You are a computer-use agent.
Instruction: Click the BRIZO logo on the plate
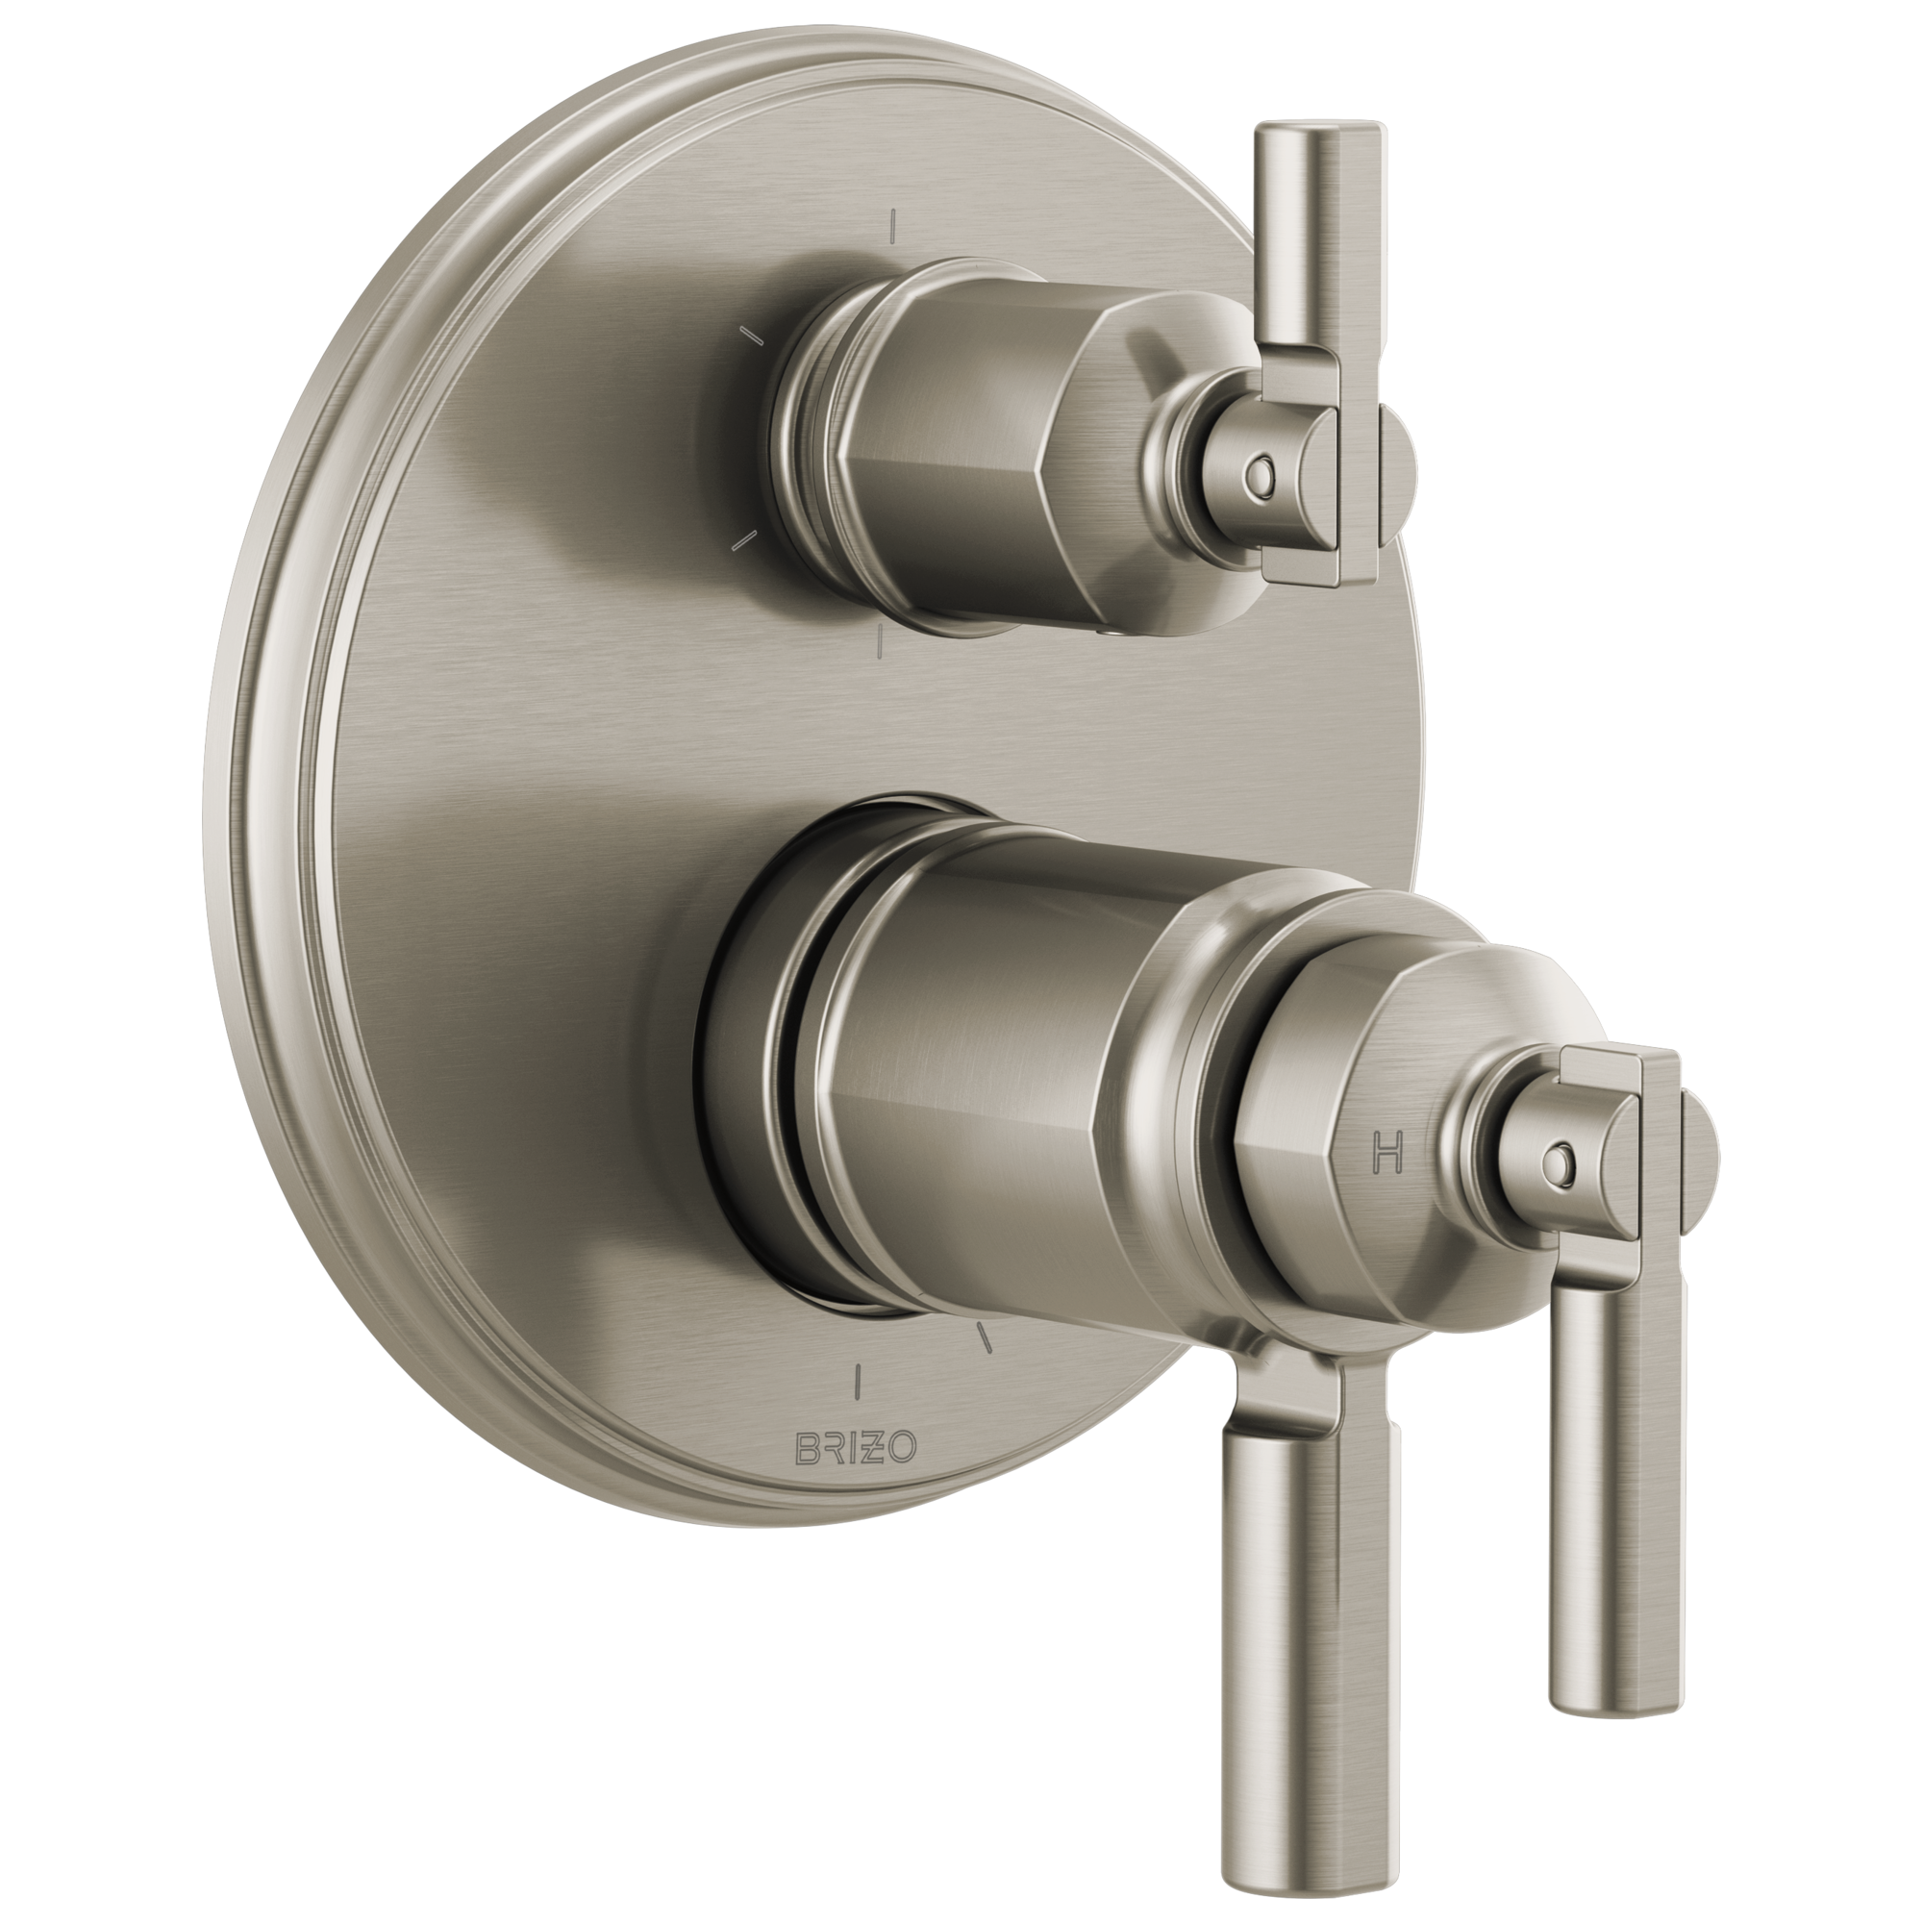855,1475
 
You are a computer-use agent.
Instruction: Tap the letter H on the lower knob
1386,1152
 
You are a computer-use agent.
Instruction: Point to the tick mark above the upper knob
895,227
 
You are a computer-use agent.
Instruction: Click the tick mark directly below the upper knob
880,645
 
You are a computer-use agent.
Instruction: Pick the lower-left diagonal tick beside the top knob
744,538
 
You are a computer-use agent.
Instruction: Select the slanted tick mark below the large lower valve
985,1338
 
